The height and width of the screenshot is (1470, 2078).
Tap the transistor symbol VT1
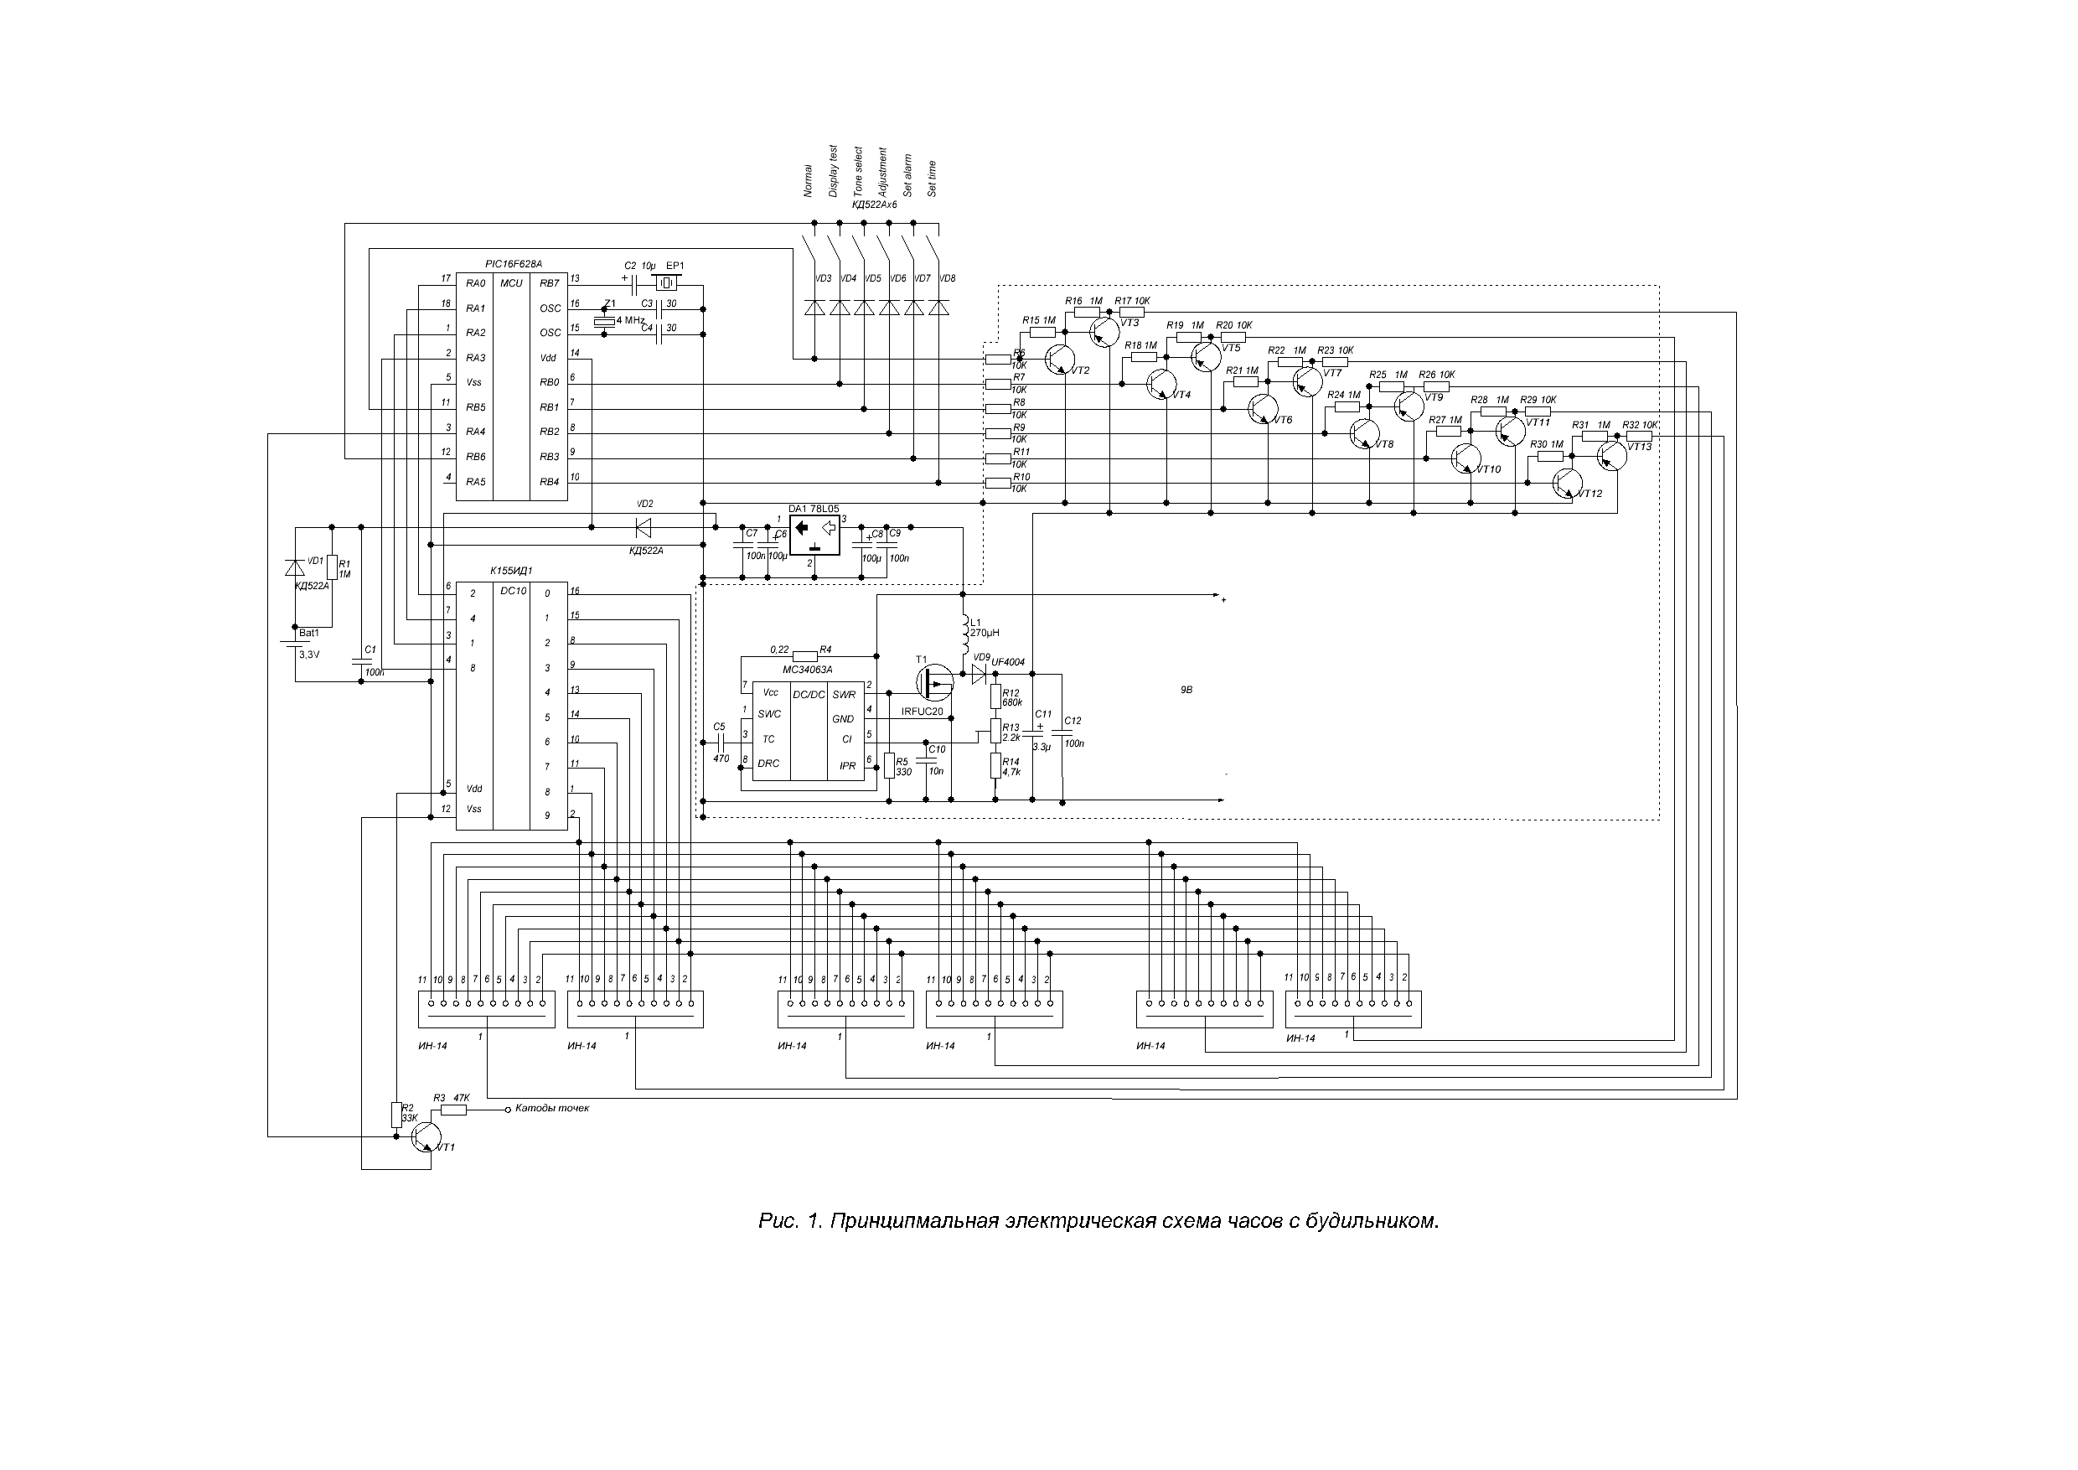tap(426, 1137)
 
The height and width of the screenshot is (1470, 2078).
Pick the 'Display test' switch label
tap(834, 171)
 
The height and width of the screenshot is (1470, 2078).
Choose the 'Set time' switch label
tap(933, 179)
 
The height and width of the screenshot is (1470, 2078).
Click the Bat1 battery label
tap(308, 633)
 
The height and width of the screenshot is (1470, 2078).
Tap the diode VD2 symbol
tap(644, 527)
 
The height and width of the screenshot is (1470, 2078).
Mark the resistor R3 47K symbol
tap(453, 1110)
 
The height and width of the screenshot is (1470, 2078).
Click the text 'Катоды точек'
tap(552, 1108)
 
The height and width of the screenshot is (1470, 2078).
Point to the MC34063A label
tap(806, 669)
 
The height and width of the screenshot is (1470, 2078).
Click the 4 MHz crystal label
tap(630, 320)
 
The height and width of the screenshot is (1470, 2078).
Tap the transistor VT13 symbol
tap(1612, 456)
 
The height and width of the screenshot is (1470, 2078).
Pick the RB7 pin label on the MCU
tap(550, 283)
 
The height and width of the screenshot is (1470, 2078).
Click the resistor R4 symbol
tap(804, 655)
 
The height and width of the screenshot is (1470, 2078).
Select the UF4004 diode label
tap(1008, 663)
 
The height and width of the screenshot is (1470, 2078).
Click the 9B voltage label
tap(1186, 690)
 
